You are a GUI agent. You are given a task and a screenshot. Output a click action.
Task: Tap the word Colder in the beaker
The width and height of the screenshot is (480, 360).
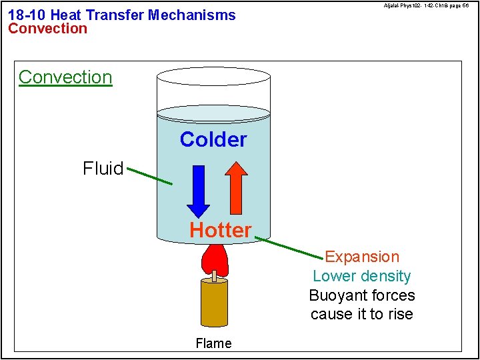point(213,139)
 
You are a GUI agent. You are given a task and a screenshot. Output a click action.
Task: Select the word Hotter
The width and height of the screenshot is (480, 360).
point(221,230)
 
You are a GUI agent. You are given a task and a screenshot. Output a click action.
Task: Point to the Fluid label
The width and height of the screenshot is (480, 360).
point(103,169)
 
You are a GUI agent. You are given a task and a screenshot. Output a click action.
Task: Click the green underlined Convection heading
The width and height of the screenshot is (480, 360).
point(65,77)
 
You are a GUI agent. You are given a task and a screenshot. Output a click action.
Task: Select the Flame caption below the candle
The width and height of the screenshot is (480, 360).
point(213,343)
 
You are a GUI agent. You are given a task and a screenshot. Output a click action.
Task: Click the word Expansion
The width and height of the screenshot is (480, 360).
point(362,257)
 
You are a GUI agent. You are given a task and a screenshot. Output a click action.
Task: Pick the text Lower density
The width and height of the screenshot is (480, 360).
point(362,276)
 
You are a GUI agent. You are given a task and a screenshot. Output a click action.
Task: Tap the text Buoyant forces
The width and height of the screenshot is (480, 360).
point(362,295)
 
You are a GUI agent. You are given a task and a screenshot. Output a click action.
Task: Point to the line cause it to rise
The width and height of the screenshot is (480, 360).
point(362,314)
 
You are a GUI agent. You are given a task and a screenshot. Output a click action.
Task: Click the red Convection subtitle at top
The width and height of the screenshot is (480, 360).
point(47,29)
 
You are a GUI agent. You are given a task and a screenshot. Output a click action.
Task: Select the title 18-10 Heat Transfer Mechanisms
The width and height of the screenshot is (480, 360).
point(122,15)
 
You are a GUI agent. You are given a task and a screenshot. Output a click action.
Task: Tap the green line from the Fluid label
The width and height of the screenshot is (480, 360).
point(149,176)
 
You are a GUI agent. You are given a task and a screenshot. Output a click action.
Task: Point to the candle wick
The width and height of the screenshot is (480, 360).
point(214,274)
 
